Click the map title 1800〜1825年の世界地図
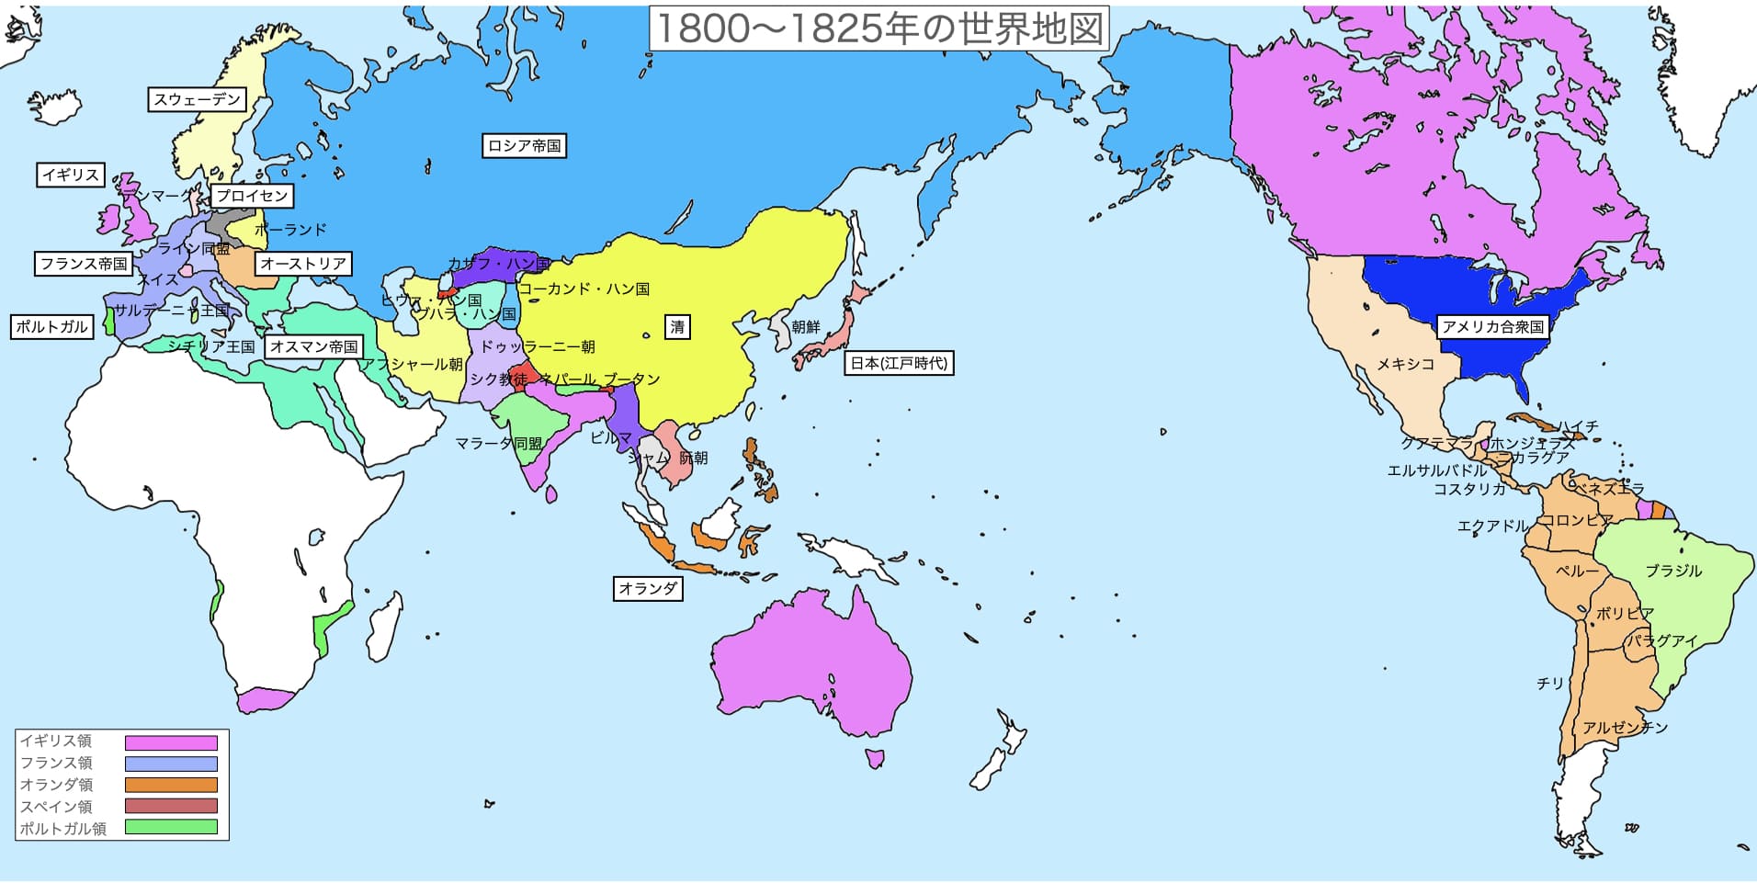coord(878,28)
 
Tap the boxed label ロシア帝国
coord(524,145)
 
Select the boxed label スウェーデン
coord(197,99)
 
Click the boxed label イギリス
coord(71,175)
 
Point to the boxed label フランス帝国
coord(84,264)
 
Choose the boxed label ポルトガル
coord(51,326)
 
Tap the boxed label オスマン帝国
coord(313,346)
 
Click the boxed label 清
coord(677,326)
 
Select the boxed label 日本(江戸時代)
coord(898,363)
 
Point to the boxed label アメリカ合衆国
coord(1492,326)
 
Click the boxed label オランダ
coord(648,588)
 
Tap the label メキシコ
coord(1405,364)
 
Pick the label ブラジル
coord(1673,571)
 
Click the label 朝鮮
coord(805,327)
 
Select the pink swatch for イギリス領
coord(171,742)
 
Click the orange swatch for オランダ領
coord(171,786)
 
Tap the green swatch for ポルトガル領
coord(171,827)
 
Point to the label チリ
coord(1550,684)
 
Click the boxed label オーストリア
coord(303,264)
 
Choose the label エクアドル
coord(1491,526)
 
